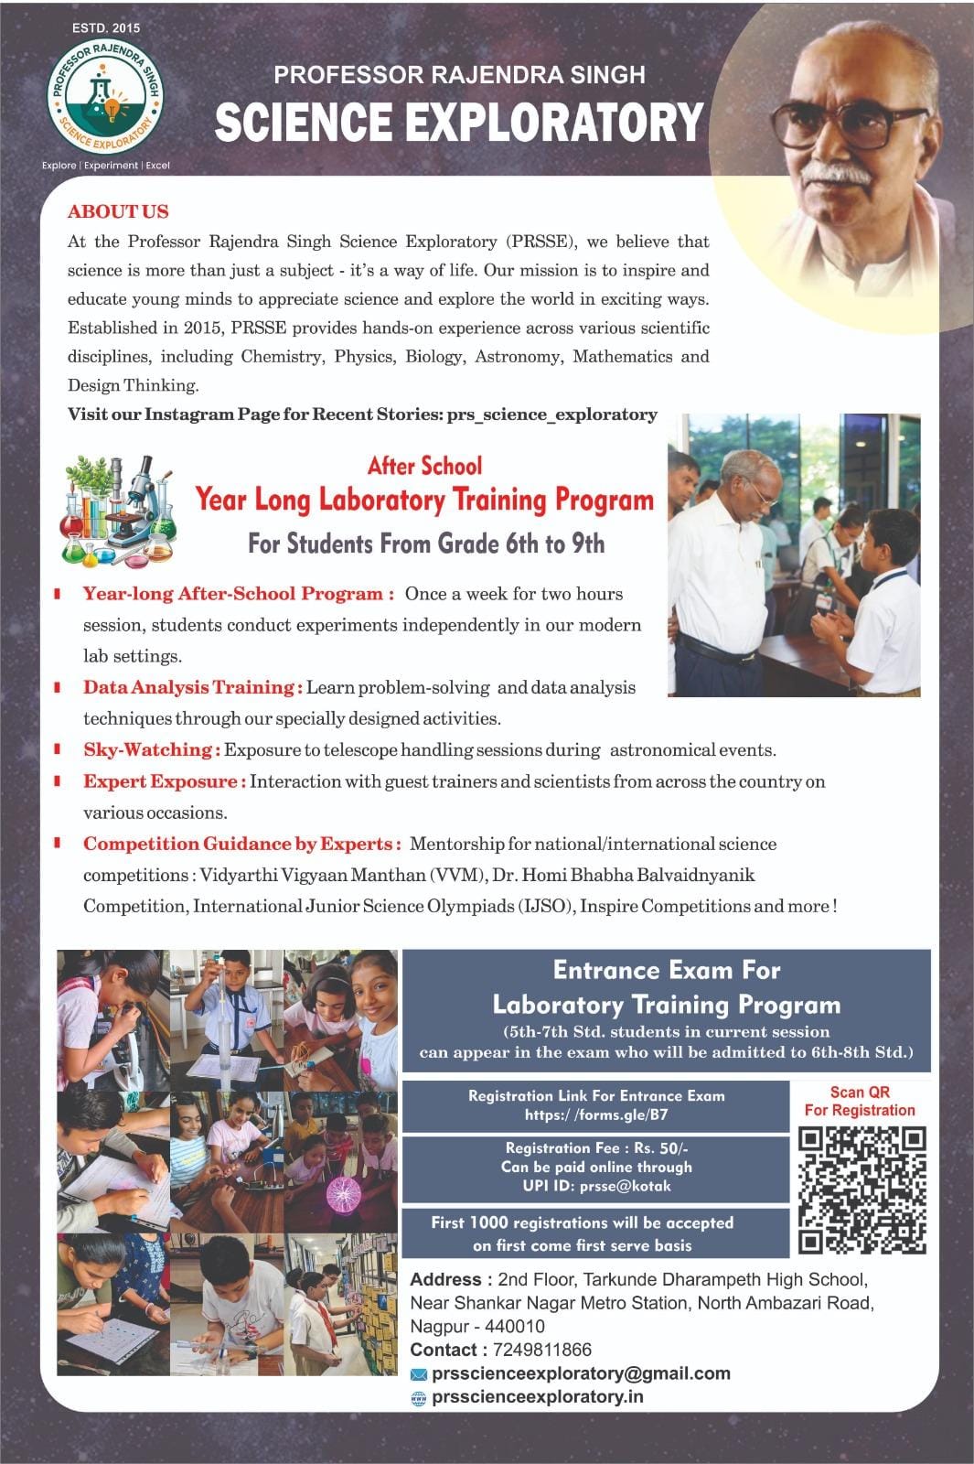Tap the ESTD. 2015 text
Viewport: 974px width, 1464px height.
106,28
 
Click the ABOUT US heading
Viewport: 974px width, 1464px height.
118,211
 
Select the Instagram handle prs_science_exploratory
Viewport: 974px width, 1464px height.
551,414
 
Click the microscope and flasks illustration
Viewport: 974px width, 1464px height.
119,510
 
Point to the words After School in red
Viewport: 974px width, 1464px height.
424,466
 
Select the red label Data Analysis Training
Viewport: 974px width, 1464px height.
192,687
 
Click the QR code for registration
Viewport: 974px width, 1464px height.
862,1189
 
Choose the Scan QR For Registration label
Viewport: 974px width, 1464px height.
860,1101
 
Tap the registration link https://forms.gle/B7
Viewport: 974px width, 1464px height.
595,1114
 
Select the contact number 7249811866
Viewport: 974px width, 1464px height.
541,1350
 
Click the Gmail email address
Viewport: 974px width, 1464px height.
581,1373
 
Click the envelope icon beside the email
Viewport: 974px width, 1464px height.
419,1374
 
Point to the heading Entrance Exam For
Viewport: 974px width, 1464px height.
666,970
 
